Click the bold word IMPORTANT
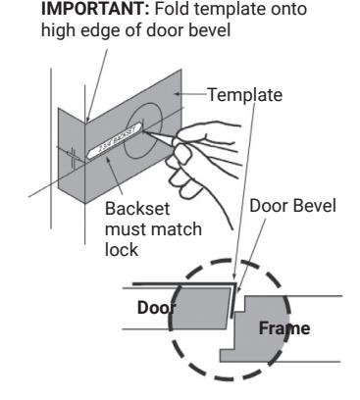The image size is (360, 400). tap(95, 9)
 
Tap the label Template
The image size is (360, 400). tap(245, 95)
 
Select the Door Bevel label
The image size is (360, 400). tap(292, 206)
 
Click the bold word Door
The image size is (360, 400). tap(157, 308)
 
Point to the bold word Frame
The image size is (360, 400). tap(284, 328)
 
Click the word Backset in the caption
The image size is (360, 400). tap(137, 209)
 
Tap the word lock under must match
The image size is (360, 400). tap(122, 250)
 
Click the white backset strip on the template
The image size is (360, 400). tap(115, 139)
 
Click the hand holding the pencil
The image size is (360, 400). tap(203, 160)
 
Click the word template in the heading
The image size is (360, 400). tap(225, 10)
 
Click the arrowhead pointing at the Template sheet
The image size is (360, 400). tap(177, 94)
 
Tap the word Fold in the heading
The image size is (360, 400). tap(170, 9)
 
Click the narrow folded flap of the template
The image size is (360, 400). tap(72, 155)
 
